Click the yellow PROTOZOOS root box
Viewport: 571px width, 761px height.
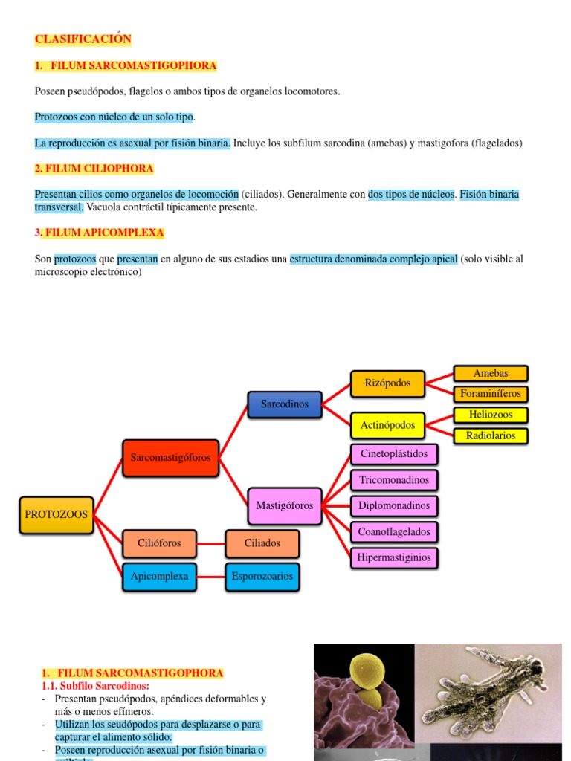(57, 514)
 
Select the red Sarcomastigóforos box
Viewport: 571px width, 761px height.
(170, 458)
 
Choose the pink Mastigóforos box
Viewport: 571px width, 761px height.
(285, 505)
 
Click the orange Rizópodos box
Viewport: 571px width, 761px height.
(387, 383)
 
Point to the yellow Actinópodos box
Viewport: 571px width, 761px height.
(387, 426)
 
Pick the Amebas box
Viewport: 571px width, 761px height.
(491, 373)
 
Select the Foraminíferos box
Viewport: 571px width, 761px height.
(491, 393)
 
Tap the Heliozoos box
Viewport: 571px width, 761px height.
(491, 415)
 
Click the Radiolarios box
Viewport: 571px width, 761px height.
(491, 435)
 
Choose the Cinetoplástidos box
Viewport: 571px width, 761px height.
(394, 453)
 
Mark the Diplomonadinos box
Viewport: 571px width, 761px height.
(394, 506)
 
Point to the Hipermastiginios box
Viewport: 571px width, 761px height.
(394, 557)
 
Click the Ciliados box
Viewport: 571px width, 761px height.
(262, 543)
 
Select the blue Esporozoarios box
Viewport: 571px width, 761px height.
(262, 576)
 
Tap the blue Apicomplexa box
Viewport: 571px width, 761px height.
(159, 576)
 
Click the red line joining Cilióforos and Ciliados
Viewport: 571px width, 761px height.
(210, 543)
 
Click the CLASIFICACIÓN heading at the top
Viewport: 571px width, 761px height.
(83, 39)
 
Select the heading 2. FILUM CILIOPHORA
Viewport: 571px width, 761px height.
(94, 169)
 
